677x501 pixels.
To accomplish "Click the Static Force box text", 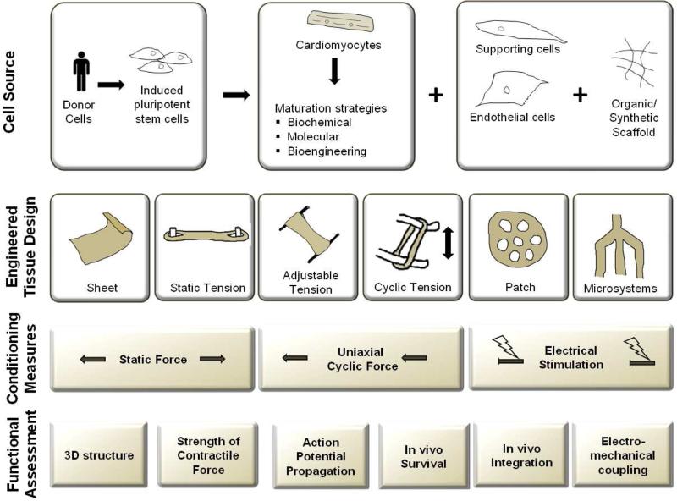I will pos(153,359).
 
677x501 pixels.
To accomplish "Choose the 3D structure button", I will pos(99,455).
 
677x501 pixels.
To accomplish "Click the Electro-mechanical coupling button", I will pos(619,455).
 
